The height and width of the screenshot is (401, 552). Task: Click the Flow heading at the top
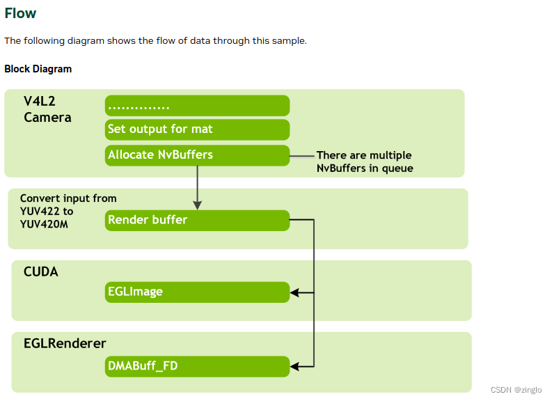(x=20, y=13)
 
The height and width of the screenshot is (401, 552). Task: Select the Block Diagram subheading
(x=38, y=69)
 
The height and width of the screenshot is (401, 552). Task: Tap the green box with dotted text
(x=197, y=106)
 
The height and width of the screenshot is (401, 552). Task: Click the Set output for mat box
(x=197, y=129)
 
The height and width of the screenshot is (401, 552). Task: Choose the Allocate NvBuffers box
(x=197, y=155)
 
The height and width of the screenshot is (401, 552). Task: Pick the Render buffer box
(x=197, y=220)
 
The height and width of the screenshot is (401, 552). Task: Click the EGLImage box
(x=197, y=292)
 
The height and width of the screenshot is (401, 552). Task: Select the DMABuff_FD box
(x=197, y=365)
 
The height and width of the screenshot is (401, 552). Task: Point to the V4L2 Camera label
(x=47, y=109)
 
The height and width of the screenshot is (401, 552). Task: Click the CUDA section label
(x=40, y=272)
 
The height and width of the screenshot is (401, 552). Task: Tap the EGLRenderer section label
(x=64, y=343)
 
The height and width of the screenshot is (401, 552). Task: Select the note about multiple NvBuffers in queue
(x=364, y=162)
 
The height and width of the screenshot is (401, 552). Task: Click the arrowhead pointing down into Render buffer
(x=198, y=205)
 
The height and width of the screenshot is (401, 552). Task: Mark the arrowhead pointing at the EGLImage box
(x=295, y=292)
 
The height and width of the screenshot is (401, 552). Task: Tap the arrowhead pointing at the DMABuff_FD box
(x=295, y=366)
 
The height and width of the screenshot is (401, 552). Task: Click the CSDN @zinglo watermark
(x=516, y=390)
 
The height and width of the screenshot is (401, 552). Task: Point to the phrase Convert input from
(x=68, y=198)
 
